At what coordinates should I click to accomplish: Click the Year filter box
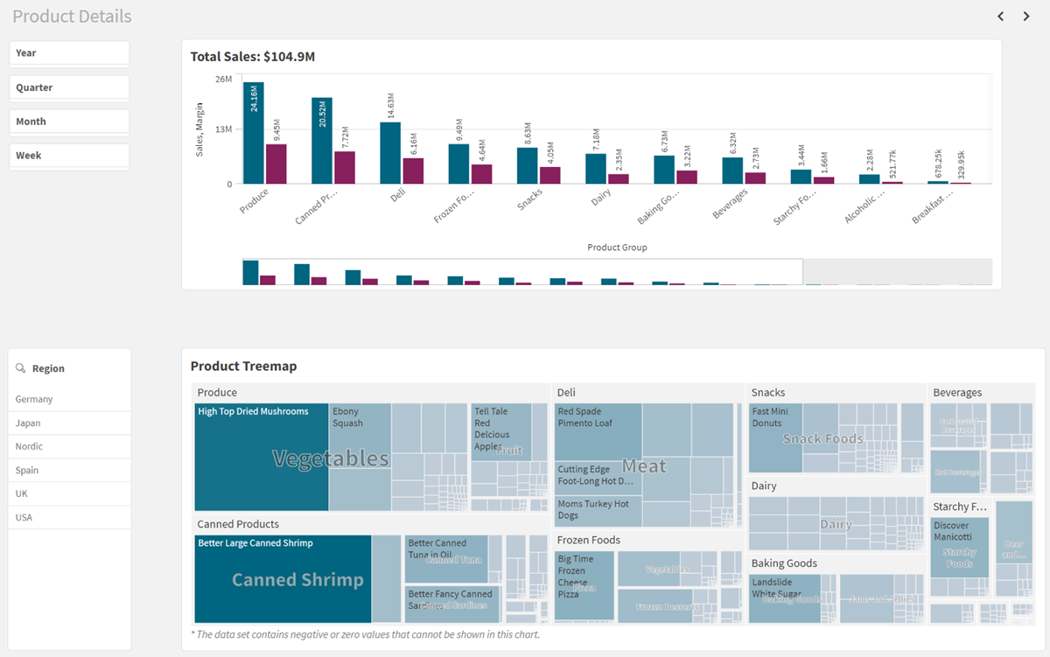(x=69, y=53)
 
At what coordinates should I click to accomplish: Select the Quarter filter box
(x=69, y=87)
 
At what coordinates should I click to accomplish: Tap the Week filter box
(x=69, y=156)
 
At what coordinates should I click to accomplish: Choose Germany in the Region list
(x=34, y=399)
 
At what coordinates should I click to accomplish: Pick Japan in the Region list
(x=28, y=423)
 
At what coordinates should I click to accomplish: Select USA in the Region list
(x=24, y=517)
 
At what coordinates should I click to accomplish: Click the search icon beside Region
(x=21, y=368)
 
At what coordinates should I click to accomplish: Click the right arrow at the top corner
(x=1026, y=17)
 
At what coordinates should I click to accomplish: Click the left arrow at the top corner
(x=1001, y=17)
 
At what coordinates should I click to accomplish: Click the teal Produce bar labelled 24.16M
(x=254, y=133)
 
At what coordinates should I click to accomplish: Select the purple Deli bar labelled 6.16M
(x=413, y=171)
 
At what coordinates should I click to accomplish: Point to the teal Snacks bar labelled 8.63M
(x=527, y=165)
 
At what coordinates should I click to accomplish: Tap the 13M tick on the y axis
(x=223, y=129)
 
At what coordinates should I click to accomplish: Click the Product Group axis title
(x=617, y=248)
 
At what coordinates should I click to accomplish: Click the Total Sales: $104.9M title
(x=253, y=57)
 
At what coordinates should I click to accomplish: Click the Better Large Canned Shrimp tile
(x=283, y=578)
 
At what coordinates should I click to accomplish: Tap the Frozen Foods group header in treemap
(x=589, y=540)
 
